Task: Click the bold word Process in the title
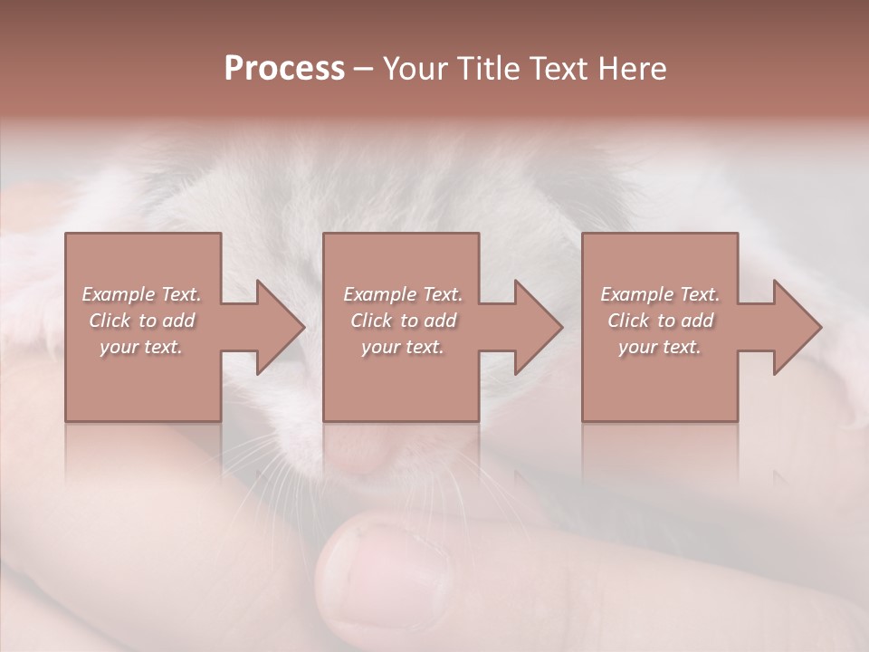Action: click(284, 69)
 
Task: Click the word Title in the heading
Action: click(485, 69)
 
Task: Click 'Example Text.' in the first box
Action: click(141, 294)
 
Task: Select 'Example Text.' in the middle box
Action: click(403, 294)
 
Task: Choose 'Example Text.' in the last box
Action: click(660, 294)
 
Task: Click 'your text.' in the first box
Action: click(141, 347)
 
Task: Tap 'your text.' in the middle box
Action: click(403, 347)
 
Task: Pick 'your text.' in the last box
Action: click(660, 347)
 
